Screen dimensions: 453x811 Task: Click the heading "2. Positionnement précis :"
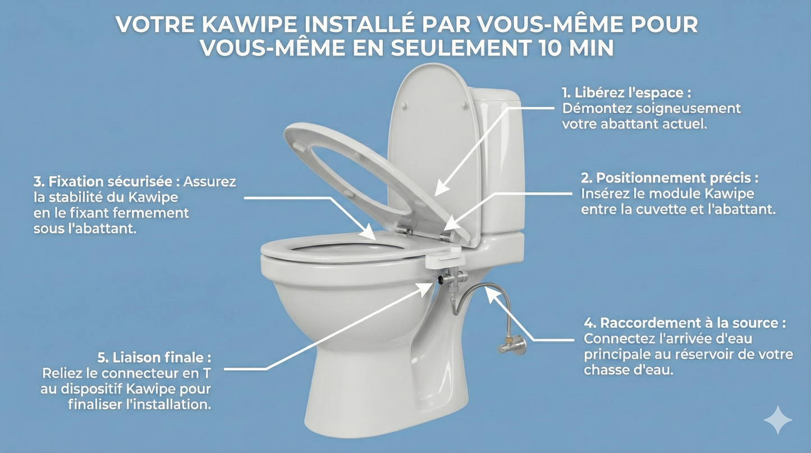(x=670, y=178)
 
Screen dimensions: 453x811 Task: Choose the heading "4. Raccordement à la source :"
(x=685, y=323)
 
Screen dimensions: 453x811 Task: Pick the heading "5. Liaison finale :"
(x=154, y=357)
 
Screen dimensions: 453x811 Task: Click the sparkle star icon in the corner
(x=778, y=420)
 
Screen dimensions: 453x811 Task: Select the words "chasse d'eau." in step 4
(x=628, y=370)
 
